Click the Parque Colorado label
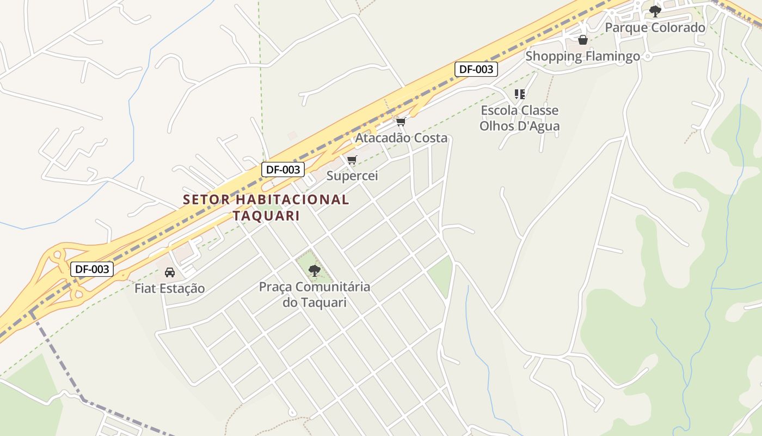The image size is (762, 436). [655, 27]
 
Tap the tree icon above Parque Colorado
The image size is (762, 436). [655, 10]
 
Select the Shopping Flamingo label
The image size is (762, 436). [582, 56]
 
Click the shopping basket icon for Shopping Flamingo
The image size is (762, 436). [582, 40]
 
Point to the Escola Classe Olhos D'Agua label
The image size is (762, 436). [519, 118]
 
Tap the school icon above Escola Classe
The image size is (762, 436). [520, 94]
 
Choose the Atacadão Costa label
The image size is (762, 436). [401, 138]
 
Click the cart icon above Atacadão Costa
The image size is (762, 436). [401, 122]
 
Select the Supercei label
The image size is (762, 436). [352, 176]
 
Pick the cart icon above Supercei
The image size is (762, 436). [352, 160]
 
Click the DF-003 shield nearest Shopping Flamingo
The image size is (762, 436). [476, 69]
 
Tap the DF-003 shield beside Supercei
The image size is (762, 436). [283, 169]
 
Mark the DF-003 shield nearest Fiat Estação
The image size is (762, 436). [91, 269]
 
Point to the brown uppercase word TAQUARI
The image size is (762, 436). [266, 216]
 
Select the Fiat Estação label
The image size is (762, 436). [169, 288]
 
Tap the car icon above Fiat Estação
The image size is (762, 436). [169, 272]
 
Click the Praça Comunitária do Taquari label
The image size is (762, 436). [314, 294]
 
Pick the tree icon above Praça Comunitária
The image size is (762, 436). [314, 270]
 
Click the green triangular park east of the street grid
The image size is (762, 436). [442, 275]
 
